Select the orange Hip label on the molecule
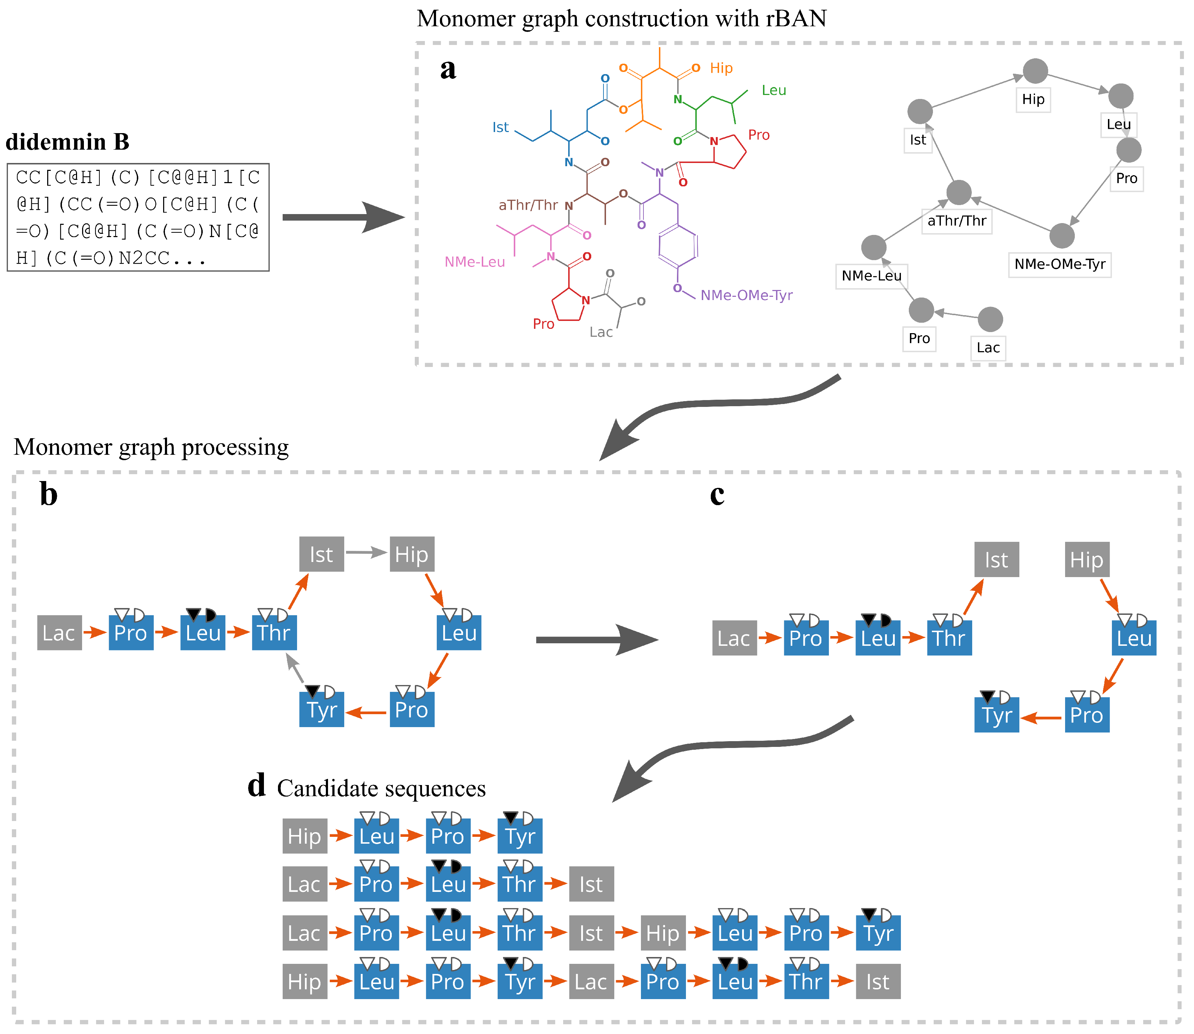point(721,68)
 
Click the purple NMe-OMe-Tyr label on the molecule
point(746,295)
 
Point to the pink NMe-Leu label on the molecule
point(475,262)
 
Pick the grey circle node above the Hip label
point(1035,71)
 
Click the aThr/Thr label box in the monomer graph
point(957,221)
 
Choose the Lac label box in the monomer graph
point(988,348)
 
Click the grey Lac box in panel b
point(59,633)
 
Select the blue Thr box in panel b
point(274,633)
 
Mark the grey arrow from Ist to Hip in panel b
point(366,553)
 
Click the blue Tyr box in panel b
point(322,710)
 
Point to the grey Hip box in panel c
point(1087,560)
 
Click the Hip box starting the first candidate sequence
point(305,836)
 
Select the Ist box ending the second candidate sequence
point(591,884)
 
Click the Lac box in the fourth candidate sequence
point(591,981)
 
